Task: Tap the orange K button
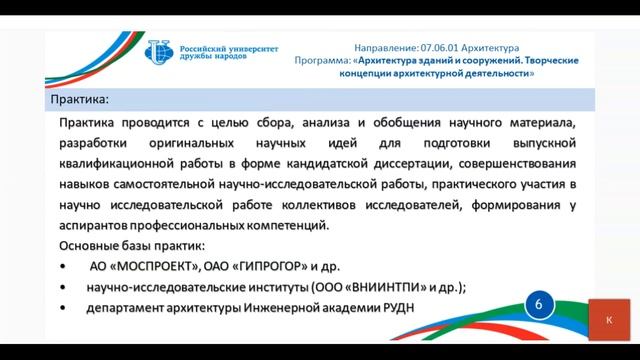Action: pyautogui.click(x=609, y=320)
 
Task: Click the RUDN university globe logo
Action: pyautogui.click(x=159, y=53)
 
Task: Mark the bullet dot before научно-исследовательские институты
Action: pyautogui.click(x=63, y=287)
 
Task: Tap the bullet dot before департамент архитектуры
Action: pyautogui.click(x=63, y=308)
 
